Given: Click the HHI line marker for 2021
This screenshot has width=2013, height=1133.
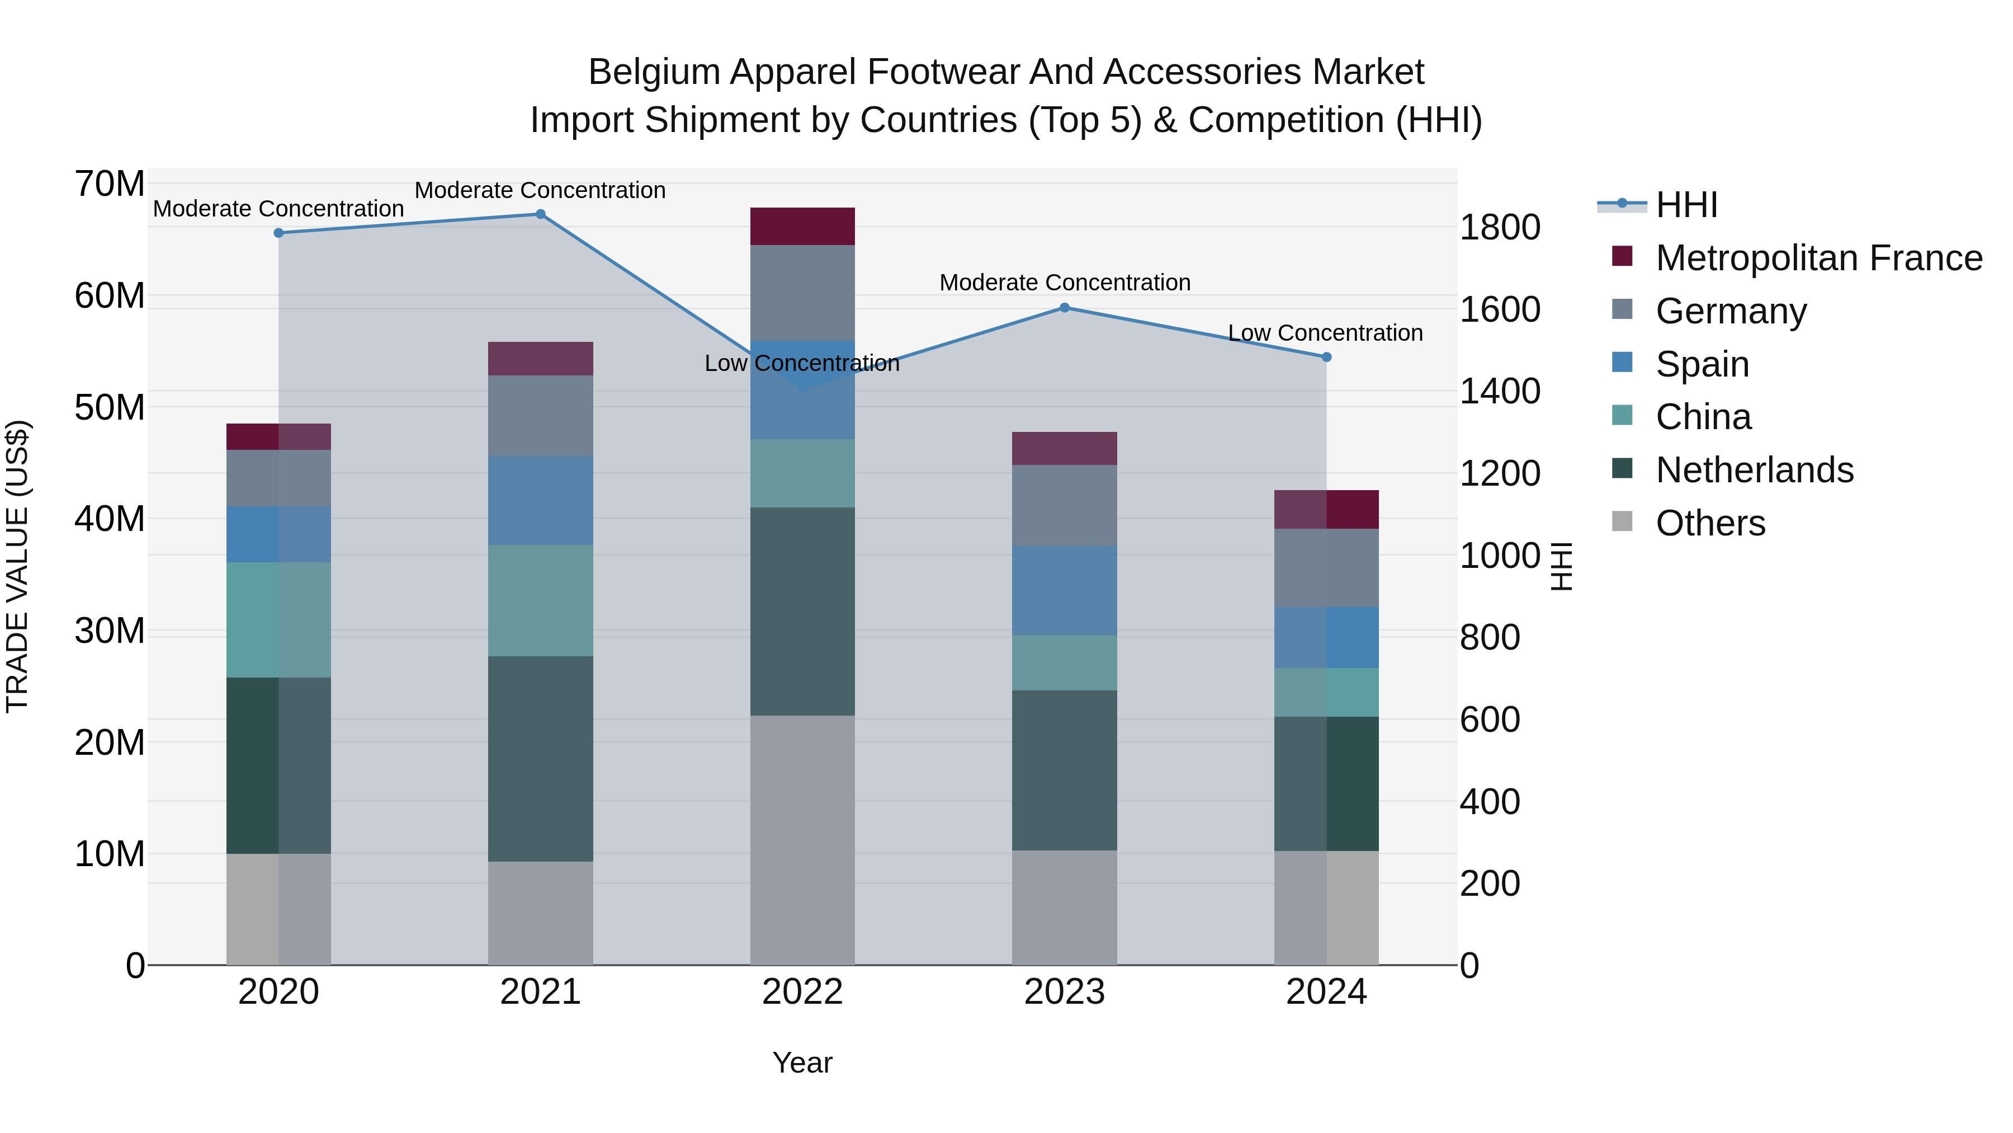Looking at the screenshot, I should pyautogui.click(x=540, y=214).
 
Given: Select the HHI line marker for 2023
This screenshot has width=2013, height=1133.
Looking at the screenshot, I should pyautogui.click(x=1064, y=308).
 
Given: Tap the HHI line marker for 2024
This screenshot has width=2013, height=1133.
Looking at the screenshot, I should pyautogui.click(x=1326, y=358).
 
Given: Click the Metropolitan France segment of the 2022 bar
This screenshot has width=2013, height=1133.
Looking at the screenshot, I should pyautogui.click(x=802, y=227).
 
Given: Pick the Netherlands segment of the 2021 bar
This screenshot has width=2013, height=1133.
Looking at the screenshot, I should pyautogui.click(x=540, y=759).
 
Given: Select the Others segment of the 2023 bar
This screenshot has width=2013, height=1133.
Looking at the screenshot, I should pyautogui.click(x=1064, y=907).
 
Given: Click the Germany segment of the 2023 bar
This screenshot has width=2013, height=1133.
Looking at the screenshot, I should pyautogui.click(x=1064, y=505).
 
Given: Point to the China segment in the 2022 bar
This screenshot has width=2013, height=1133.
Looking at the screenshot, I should pyautogui.click(x=802, y=473).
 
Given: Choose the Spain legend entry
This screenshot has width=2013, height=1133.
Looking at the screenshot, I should pyautogui.click(x=1702, y=364).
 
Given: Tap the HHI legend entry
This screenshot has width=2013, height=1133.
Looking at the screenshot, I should pyautogui.click(x=1686, y=205).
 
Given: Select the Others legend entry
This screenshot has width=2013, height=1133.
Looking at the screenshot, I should pyautogui.click(x=1710, y=523).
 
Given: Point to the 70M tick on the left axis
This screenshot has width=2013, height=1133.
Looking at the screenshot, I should pyautogui.click(x=110, y=185).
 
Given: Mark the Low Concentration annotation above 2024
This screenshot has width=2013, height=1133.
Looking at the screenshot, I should pyautogui.click(x=1325, y=333).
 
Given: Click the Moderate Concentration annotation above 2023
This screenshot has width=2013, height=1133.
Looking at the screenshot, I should pyautogui.click(x=1064, y=283).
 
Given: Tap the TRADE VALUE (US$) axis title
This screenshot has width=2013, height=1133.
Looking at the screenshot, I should pyautogui.click(x=17, y=566).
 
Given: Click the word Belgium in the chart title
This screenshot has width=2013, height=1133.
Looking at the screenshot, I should pyautogui.click(x=654, y=72).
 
